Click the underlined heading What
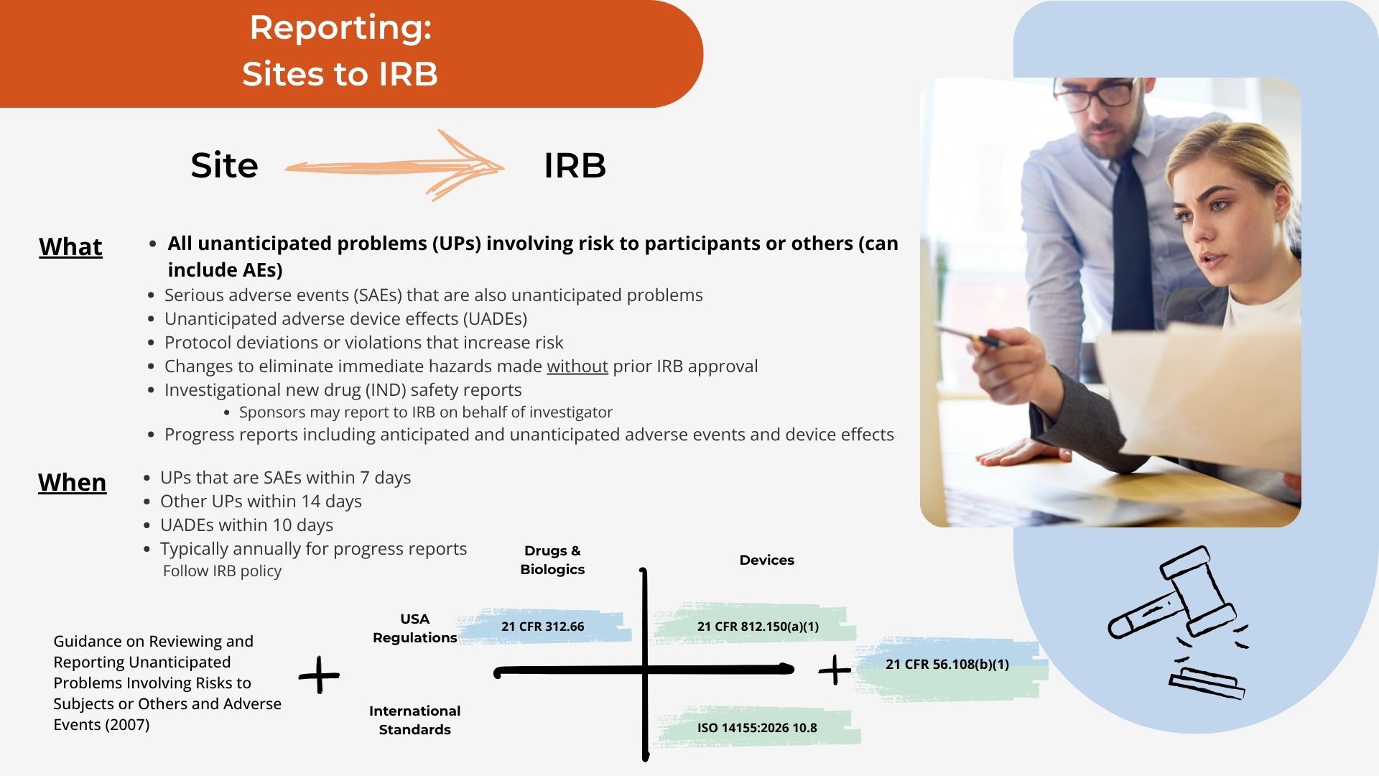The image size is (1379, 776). [x=70, y=246]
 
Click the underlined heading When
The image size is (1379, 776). [x=72, y=482]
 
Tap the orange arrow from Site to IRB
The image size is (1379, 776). [x=394, y=167]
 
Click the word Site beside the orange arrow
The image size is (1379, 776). [x=224, y=165]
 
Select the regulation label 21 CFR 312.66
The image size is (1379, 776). [x=542, y=627]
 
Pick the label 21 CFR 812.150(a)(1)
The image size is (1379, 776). [x=758, y=627]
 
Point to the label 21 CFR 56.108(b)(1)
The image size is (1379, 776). [x=947, y=665]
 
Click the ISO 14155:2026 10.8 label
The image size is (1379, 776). [x=757, y=728]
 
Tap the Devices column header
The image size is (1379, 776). [x=766, y=560]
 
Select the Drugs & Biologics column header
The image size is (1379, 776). [x=552, y=560]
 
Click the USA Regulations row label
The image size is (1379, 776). [x=414, y=628]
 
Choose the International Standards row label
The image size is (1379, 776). [x=414, y=720]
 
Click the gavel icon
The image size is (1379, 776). [x=1178, y=621]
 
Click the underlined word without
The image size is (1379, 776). [x=577, y=366]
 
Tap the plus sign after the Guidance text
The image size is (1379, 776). [x=319, y=675]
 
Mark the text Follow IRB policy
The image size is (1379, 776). [x=222, y=571]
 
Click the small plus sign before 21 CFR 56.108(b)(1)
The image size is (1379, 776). [x=835, y=670]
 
